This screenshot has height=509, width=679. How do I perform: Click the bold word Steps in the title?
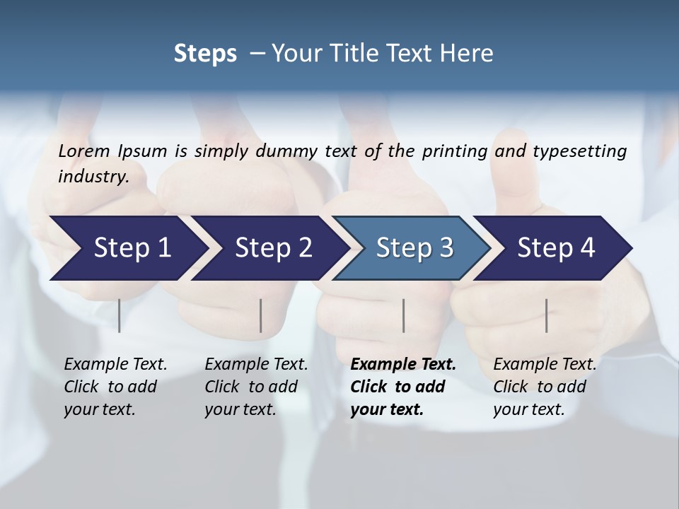point(205,54)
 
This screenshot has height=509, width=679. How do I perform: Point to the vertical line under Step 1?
point(120,315)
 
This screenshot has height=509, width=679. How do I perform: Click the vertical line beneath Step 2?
point(261,315)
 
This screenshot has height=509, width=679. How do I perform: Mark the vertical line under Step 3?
point(404,315)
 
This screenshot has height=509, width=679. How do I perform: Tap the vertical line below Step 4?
point(546,315)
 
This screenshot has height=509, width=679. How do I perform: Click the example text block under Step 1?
point(115,387)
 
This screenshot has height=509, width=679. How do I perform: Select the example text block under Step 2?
point(256,387)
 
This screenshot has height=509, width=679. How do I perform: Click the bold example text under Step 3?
point(403,387)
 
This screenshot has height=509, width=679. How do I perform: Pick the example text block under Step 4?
point(545,387)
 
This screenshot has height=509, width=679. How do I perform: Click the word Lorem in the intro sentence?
point(83,151)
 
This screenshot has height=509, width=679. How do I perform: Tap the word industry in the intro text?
point(92,177)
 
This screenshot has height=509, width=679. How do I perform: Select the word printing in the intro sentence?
point(455,151)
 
